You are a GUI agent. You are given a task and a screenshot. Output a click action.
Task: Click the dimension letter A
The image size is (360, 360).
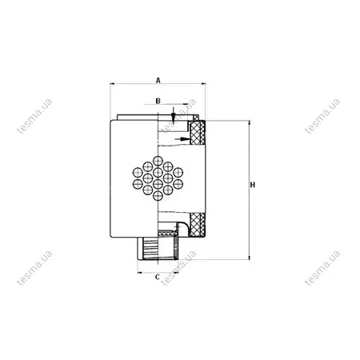click(158, 80)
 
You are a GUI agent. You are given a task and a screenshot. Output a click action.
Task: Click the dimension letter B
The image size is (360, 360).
click(158, 101)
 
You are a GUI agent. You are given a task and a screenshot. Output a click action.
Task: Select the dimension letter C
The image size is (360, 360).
click(158, 277)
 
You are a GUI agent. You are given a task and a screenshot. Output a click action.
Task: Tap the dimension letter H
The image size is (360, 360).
click(253, 185)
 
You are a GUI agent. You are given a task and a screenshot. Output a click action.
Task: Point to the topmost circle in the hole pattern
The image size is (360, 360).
click(158, 161)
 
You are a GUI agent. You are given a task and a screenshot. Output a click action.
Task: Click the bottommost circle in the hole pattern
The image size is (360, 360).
click(158, 195)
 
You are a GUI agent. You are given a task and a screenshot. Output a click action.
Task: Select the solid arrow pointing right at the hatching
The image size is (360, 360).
click(182, 139)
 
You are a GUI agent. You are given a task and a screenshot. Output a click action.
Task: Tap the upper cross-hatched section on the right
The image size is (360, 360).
click(198, 133)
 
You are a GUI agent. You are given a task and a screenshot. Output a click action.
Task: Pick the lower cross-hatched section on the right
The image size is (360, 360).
click(198, 225)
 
